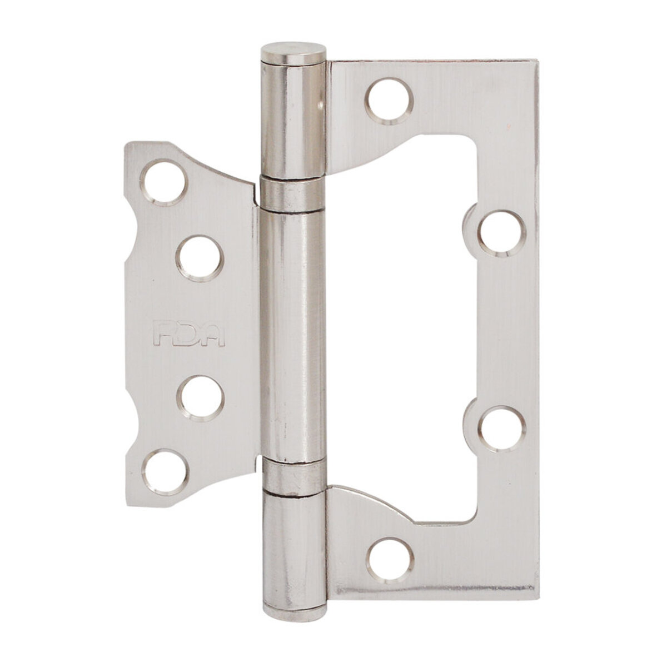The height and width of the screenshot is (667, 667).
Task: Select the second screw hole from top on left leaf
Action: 200,257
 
